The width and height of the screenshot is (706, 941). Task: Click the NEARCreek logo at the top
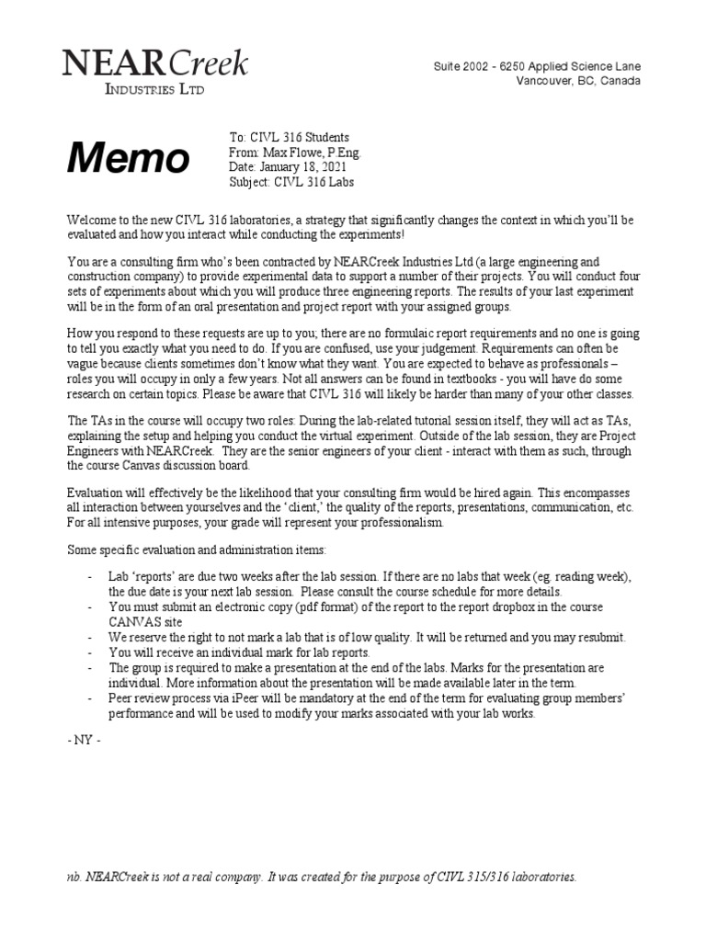point(154,63)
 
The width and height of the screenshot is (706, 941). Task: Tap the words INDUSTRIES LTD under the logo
point(154,89)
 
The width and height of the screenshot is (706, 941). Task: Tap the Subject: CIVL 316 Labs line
point(290,181)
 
